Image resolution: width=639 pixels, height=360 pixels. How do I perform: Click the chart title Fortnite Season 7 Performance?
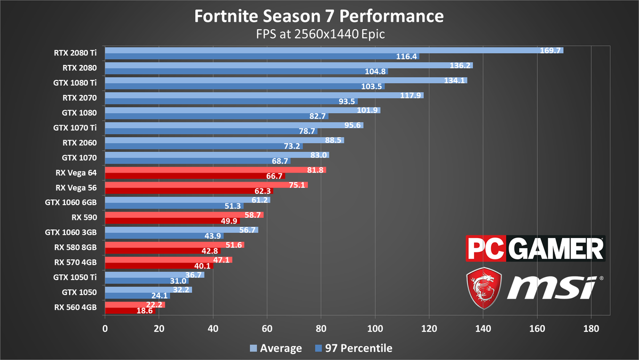click(x=319, y=16)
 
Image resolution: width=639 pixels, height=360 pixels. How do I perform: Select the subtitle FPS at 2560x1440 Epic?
click(x=319, y=35)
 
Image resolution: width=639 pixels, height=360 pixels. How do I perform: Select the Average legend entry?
click(x=276, y=348)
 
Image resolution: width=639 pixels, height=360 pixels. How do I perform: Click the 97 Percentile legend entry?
click(x=353, y=348)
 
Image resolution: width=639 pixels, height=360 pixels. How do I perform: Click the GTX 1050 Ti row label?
click(x=75, y=277)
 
